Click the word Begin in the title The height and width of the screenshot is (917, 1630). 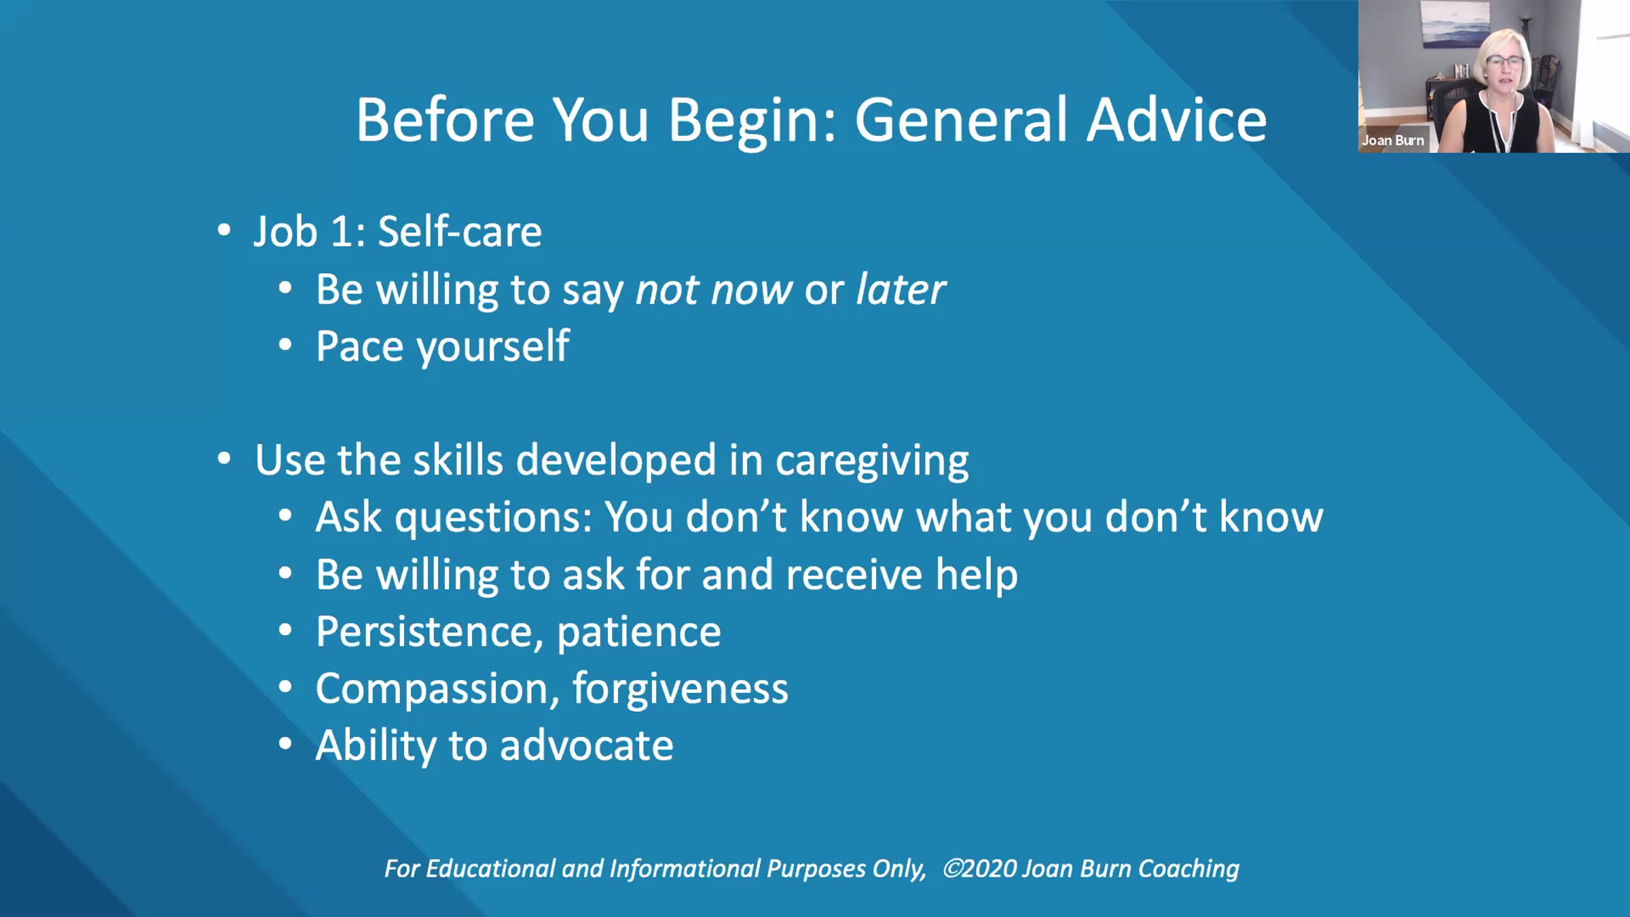click(753, 121)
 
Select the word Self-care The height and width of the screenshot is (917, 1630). click(460, 231)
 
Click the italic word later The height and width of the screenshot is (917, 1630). click(901, 289)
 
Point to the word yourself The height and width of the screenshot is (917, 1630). click(492, 347)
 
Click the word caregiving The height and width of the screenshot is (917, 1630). click(872, 461)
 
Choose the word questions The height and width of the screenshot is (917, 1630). click(494, 518)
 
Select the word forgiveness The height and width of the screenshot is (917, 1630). click(681, 689)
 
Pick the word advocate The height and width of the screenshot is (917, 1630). click(587, 745)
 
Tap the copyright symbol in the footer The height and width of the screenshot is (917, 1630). click(952, 868)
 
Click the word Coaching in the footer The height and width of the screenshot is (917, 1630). click(1189, 869)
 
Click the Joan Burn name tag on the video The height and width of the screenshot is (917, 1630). click(1392, 141)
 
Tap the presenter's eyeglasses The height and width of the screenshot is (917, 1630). click(1504, 63)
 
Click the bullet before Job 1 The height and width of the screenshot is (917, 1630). click(224, 230)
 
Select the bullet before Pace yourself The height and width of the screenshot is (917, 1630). click(285, 345)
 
